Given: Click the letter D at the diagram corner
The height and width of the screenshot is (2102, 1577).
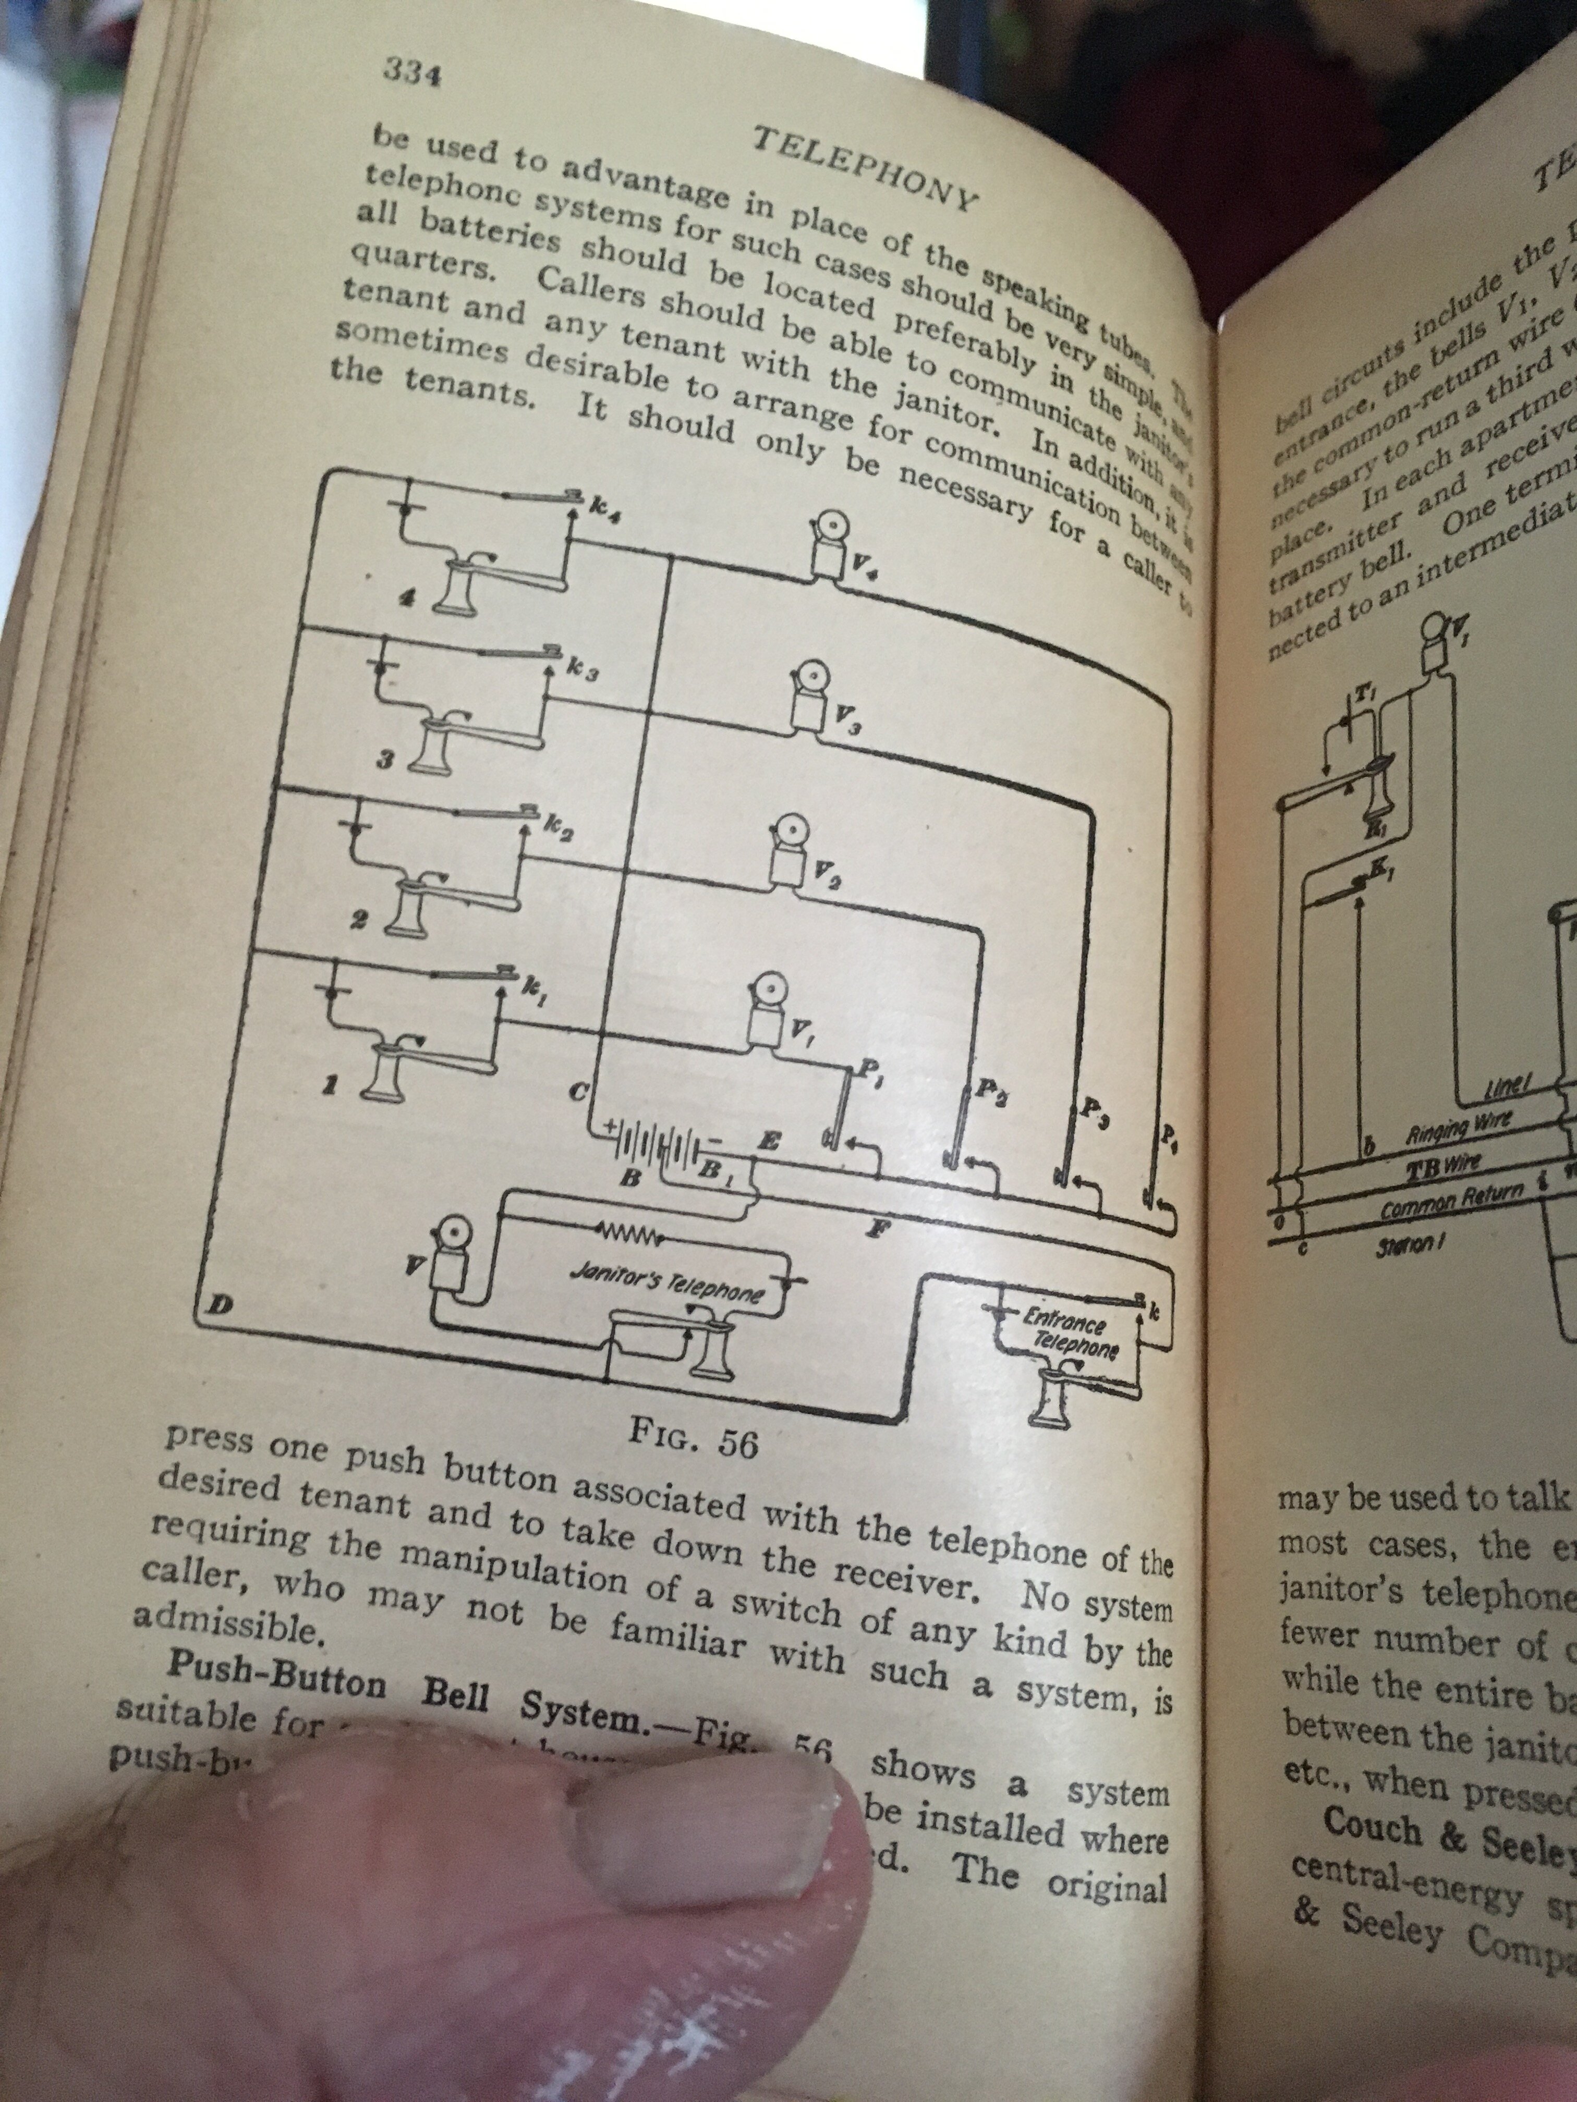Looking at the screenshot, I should pyautogui.click(x=217, y=1307).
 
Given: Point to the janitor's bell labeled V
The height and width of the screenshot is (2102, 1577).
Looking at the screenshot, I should pyautogui.click(x=448, y=1254).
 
